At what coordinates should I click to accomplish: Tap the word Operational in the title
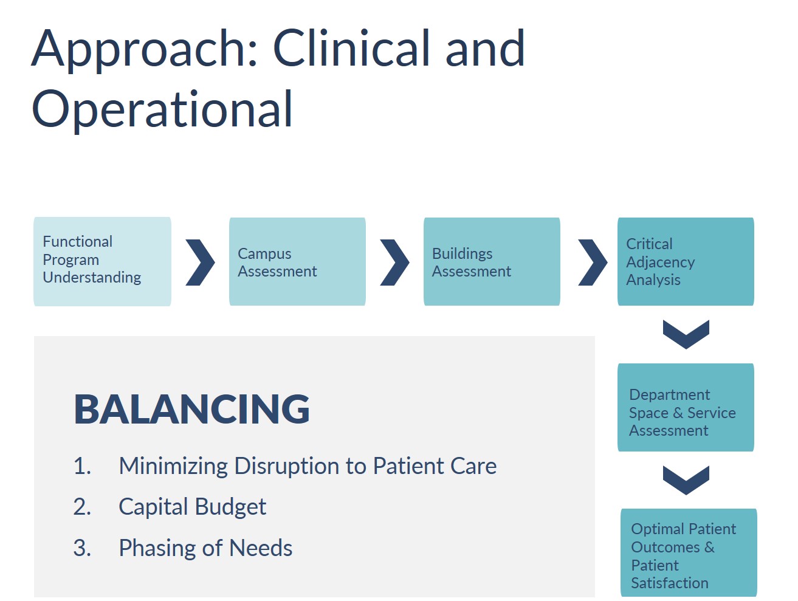(x=162, y=110)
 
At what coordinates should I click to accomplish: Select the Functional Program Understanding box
(x=102, y=262)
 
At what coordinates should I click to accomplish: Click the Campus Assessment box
(x=297, y=262)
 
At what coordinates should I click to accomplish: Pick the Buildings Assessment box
(x=492, y=262)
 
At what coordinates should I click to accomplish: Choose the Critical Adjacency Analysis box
(x=686, y=262)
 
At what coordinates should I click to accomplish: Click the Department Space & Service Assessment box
(x=686, y=407)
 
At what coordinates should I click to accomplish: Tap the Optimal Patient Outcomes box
(x=689, y=552)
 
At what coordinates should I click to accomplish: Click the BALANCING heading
(x=191, y=410)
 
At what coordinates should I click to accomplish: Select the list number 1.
(x=82, y=466)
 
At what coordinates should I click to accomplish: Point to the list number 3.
(x=82, y=548)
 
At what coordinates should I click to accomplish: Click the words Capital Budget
(x=192, y=507)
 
